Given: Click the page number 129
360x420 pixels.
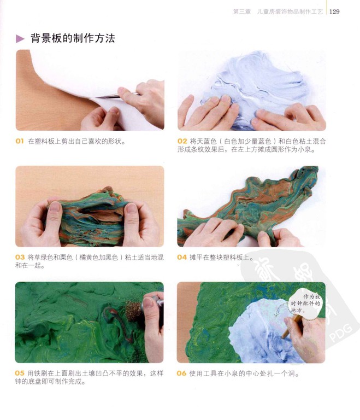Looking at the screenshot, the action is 334,11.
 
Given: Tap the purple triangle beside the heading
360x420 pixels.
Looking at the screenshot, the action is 20,39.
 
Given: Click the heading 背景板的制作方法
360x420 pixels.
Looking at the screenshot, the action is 73,38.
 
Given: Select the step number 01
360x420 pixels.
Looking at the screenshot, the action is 20,141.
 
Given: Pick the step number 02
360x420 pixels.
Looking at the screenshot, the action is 182,141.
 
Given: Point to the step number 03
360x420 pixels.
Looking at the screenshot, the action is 20,258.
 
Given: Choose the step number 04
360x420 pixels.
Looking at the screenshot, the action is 182,258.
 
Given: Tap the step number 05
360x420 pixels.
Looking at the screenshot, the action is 20,373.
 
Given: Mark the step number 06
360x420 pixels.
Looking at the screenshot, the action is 181,373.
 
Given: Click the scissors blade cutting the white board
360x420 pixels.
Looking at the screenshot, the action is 107,96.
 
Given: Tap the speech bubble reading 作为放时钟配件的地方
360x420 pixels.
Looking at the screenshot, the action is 305,304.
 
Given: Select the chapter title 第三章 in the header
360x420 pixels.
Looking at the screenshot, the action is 241,11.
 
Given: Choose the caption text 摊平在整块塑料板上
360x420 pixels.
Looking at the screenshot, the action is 220,258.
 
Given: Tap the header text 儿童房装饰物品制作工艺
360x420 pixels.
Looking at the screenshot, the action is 290,11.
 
